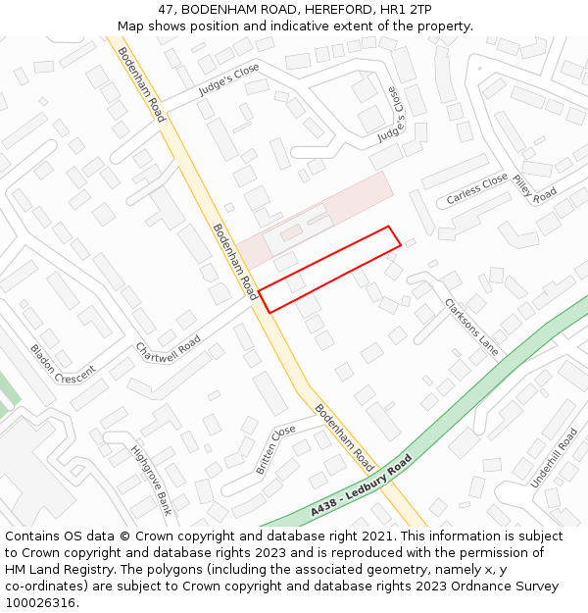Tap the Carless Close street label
[x=477, y=189]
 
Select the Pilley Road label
[x=535, y=186]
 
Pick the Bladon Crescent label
[x=63, y=363]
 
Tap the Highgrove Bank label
[x=151, y=481]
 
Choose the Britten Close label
[x=275, y=450]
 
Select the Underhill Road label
[x=554, y=458]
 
